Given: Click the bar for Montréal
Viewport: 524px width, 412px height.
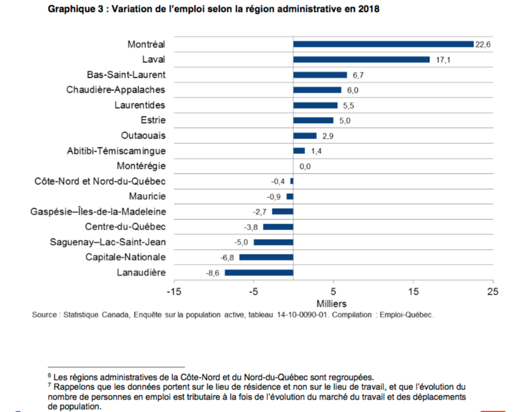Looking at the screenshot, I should pyautogui.click(x=383, y=44).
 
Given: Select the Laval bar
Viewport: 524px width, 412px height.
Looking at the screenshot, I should pyautogui.click(x=361, y=59).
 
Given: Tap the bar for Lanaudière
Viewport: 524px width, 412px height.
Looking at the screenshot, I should pyautogui.click(x=259, y=272).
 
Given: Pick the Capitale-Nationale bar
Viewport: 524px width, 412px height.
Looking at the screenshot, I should pyautogui.click(x=266, y=257).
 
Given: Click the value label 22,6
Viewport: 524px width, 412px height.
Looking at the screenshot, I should pyautogui.click(x=482, y=45).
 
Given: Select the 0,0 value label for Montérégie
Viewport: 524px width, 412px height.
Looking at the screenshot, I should pyautogui.click(x=305, y=166).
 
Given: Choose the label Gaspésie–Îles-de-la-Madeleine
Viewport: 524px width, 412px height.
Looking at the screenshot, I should pyautogui.click(x=99, y=212).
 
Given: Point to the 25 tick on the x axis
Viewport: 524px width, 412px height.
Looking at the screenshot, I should pyautogui.click(x=492, y=292).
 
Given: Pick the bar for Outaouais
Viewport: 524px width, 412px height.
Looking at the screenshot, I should pyautogui.click(x=305, y=136).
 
